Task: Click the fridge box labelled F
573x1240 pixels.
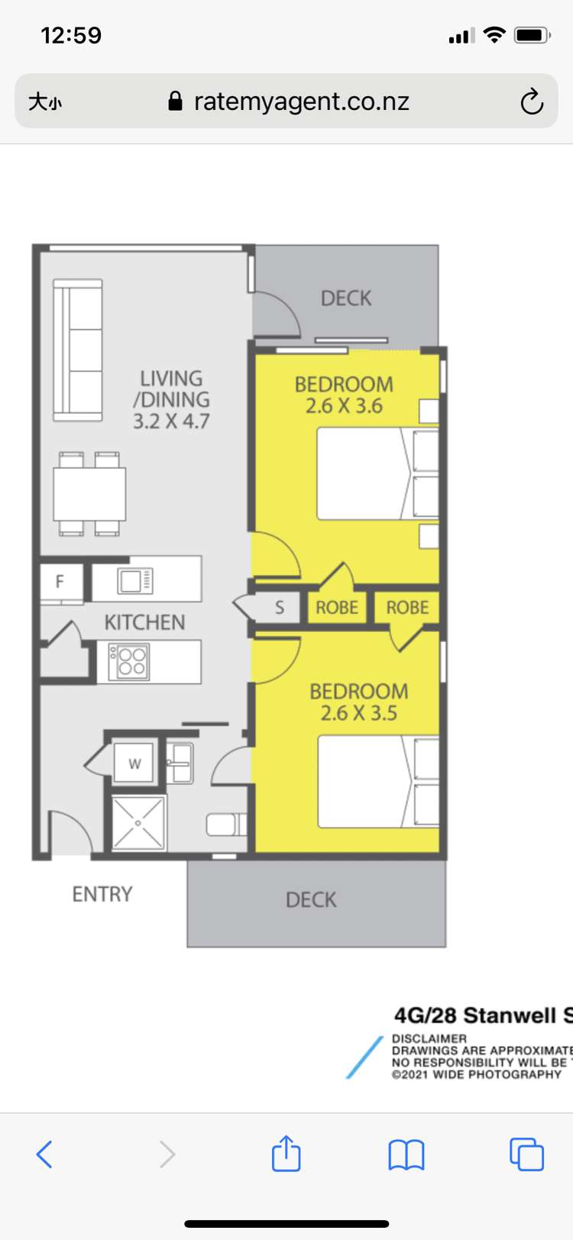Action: (60, 582)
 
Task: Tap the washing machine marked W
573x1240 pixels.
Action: (134, 763)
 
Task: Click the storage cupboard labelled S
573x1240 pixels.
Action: (279, 608)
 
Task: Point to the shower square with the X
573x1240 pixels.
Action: (138, 823)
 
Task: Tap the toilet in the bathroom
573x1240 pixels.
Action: (226, 825)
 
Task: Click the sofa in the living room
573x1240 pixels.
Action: (77, 350)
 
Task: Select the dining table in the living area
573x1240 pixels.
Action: (89, 493)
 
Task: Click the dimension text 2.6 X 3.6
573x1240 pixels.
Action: (344, 406)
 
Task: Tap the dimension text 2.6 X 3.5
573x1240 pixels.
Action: (358, 713)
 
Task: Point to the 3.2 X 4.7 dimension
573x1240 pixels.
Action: (171, 421)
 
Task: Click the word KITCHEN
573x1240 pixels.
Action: (144, 622)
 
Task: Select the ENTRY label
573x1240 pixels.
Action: (102, 894)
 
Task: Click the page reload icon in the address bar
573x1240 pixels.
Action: (532, 102)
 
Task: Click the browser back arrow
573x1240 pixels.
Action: (44, 1154)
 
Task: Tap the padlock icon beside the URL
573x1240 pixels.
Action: (176, 102)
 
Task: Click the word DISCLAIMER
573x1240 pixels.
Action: (429, 1038)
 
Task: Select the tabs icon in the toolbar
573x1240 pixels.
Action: (526, 1154)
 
